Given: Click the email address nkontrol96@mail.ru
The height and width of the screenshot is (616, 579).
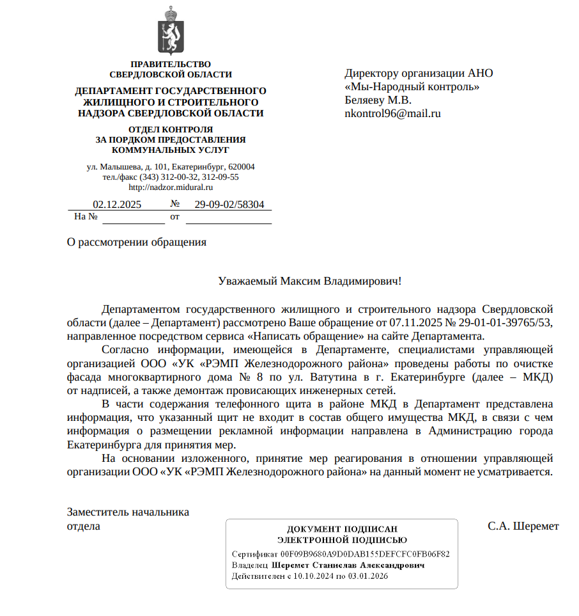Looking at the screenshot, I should click(392, 114).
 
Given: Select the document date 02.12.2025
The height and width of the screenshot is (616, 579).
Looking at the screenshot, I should click(117, 205).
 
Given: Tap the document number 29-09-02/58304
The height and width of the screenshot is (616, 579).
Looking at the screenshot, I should click(229, 205).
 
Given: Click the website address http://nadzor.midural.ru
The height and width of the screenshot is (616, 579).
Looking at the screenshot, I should click(171, 187).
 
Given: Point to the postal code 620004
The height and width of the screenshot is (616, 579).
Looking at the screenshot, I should click(241, 167).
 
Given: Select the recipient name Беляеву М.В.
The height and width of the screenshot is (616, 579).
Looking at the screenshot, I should click(378, 100).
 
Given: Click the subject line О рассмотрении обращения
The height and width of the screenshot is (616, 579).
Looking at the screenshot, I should click(137, 242).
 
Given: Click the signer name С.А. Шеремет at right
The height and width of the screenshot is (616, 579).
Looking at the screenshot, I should click(523, 526).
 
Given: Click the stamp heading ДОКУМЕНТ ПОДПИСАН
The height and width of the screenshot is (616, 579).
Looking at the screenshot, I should click(342, 529).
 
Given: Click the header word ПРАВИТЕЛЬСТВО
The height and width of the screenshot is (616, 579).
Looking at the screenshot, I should click(171, 64).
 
